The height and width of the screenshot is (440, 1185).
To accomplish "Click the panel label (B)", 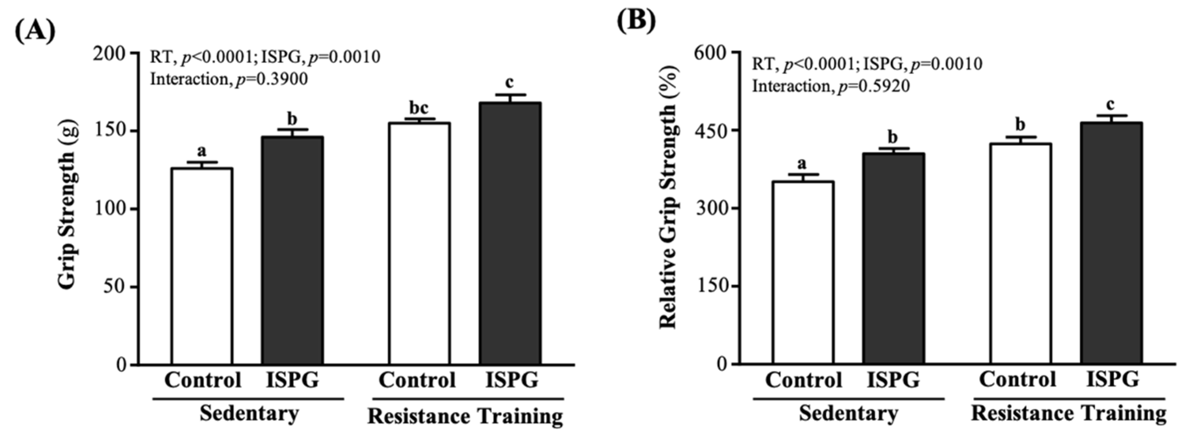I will [x=637, y=21].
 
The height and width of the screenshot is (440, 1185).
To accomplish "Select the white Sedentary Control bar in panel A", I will [x=202, y=267].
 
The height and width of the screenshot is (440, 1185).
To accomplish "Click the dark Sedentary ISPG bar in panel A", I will [x=292, y=250].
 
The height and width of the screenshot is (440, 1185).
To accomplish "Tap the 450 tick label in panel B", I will [x=712, y=131].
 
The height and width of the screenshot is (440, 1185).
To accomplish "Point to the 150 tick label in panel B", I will [x=712, y=286].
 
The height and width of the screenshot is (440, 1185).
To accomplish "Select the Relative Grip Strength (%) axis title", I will [x=668, y=198].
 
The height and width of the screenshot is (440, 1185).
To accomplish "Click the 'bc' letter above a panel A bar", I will [x=418, y=109].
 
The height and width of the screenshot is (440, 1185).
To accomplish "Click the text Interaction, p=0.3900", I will [x=229, y=80].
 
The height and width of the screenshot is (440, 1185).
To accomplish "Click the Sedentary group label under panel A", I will [x=249, y=413].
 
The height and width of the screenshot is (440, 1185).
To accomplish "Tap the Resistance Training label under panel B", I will [x=1068, y=413].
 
